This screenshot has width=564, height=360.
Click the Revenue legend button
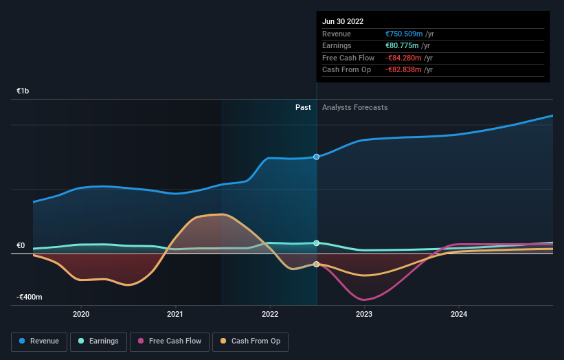pos(39,341)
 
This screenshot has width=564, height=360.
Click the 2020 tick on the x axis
pos(81,314)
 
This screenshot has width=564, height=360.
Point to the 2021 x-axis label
pos(175,314)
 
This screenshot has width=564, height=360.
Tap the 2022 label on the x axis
pos(270,314)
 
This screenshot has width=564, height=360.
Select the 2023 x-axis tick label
pos(364,314)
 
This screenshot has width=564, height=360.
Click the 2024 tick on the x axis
pos(459,314)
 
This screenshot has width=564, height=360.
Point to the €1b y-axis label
pos(23,91)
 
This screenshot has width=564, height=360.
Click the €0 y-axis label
pos(21,245)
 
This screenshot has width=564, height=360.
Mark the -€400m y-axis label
pos(30,297)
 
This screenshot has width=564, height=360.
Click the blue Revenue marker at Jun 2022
pos(317,157)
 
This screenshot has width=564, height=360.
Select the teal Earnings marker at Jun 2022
pos(317,243)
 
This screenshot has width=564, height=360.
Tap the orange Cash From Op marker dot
pos(317,265)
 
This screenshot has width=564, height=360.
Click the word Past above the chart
pos(303,108)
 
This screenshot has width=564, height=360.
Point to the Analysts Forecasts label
pos(354,108)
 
